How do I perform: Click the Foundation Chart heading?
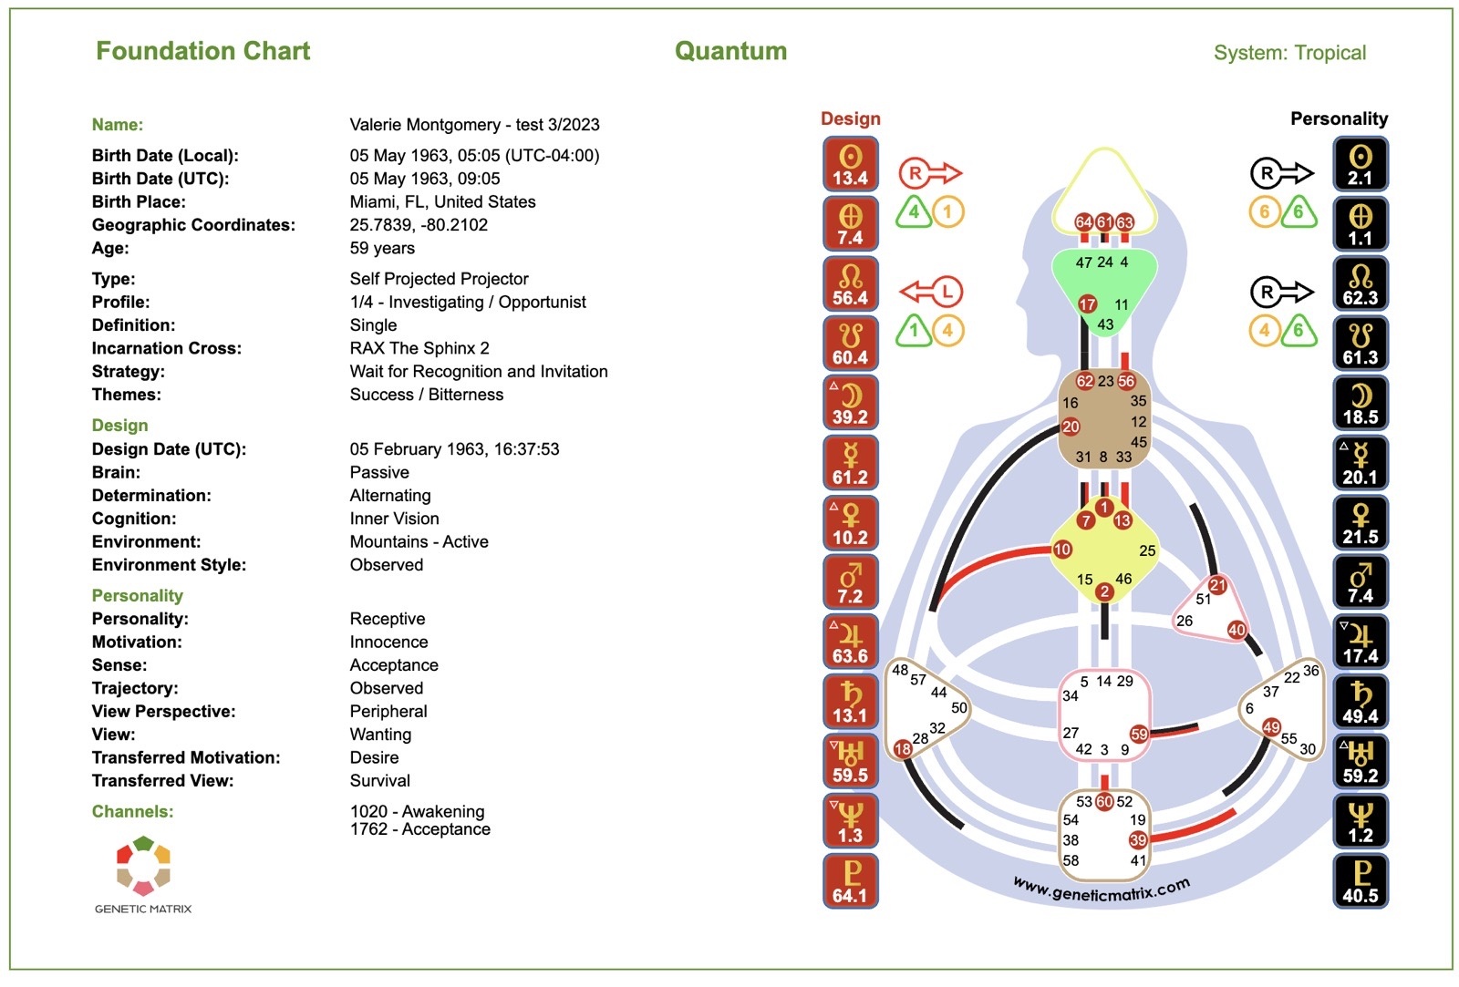click(202, 51)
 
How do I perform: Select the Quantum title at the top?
click(730, 51)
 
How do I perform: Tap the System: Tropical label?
click(1289, 53)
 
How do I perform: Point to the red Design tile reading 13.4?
click(850, 164)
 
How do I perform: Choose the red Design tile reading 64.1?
click(850, 881)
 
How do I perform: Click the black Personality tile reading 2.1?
click(1360, 164)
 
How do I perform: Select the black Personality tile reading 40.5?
click(1360, 881)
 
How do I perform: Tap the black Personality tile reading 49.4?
click(1360, 702)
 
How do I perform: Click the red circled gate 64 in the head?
click(1083, 222)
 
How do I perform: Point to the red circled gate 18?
click(903, 749)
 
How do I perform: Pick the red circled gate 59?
click(1139, 734)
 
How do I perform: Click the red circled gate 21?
click(1217, 585)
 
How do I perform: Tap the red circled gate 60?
click(1104, 801)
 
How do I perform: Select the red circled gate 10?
click(1062, 550)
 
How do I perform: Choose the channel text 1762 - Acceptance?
click(419, 829)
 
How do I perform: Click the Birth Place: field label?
click(139, 202)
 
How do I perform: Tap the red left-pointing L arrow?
click(931, 292)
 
